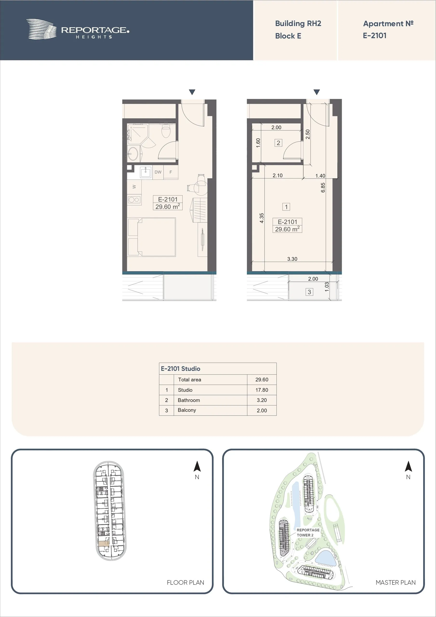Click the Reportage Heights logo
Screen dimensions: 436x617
point(78,29)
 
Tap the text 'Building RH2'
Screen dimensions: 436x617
point(298,24)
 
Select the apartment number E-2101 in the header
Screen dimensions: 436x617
point(375,35)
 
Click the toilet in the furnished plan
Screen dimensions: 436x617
point(166,130)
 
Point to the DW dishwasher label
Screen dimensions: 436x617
point(158,172)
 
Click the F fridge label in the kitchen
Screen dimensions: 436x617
point(171,172)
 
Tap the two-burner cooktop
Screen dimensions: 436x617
point(134,200)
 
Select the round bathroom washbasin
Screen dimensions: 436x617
point(133,154)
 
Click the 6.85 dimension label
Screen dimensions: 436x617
point(323,188)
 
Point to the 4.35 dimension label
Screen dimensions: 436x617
point(262,218)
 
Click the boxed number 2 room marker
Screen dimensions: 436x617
point(278,143)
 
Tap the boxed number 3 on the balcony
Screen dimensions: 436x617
point(309,292)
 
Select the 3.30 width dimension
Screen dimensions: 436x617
point(292,259)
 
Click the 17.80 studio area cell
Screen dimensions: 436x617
point(262,390)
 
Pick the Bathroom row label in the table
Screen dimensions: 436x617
point(189,400)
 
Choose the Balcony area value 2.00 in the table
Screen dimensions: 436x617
point(262,410)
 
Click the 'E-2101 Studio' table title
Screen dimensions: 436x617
point(180,369)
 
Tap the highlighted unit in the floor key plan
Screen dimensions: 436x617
point(104,543)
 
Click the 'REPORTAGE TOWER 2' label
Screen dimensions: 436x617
point(308,532)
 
